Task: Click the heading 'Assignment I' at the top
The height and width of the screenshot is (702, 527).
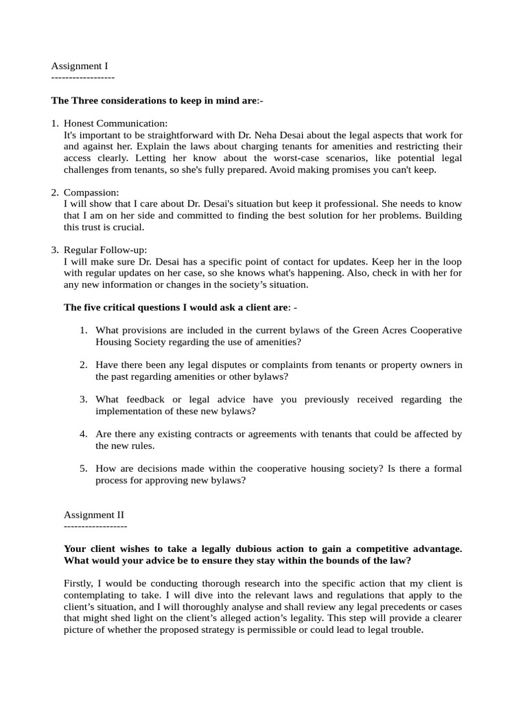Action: pos(80,66)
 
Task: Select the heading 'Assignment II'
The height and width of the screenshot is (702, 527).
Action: pos(94,514)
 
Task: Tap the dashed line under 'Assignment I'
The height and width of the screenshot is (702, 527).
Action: pos(83,78)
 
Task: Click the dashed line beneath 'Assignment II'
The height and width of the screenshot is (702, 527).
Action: pos(95,526)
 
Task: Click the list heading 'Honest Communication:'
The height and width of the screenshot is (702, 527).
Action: pos(115,123)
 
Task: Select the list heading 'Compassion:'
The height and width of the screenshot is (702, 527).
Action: pos(91,193)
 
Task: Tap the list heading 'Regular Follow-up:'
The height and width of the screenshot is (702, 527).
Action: pos(105,250)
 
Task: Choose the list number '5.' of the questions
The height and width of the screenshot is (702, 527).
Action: pos(83,468)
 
